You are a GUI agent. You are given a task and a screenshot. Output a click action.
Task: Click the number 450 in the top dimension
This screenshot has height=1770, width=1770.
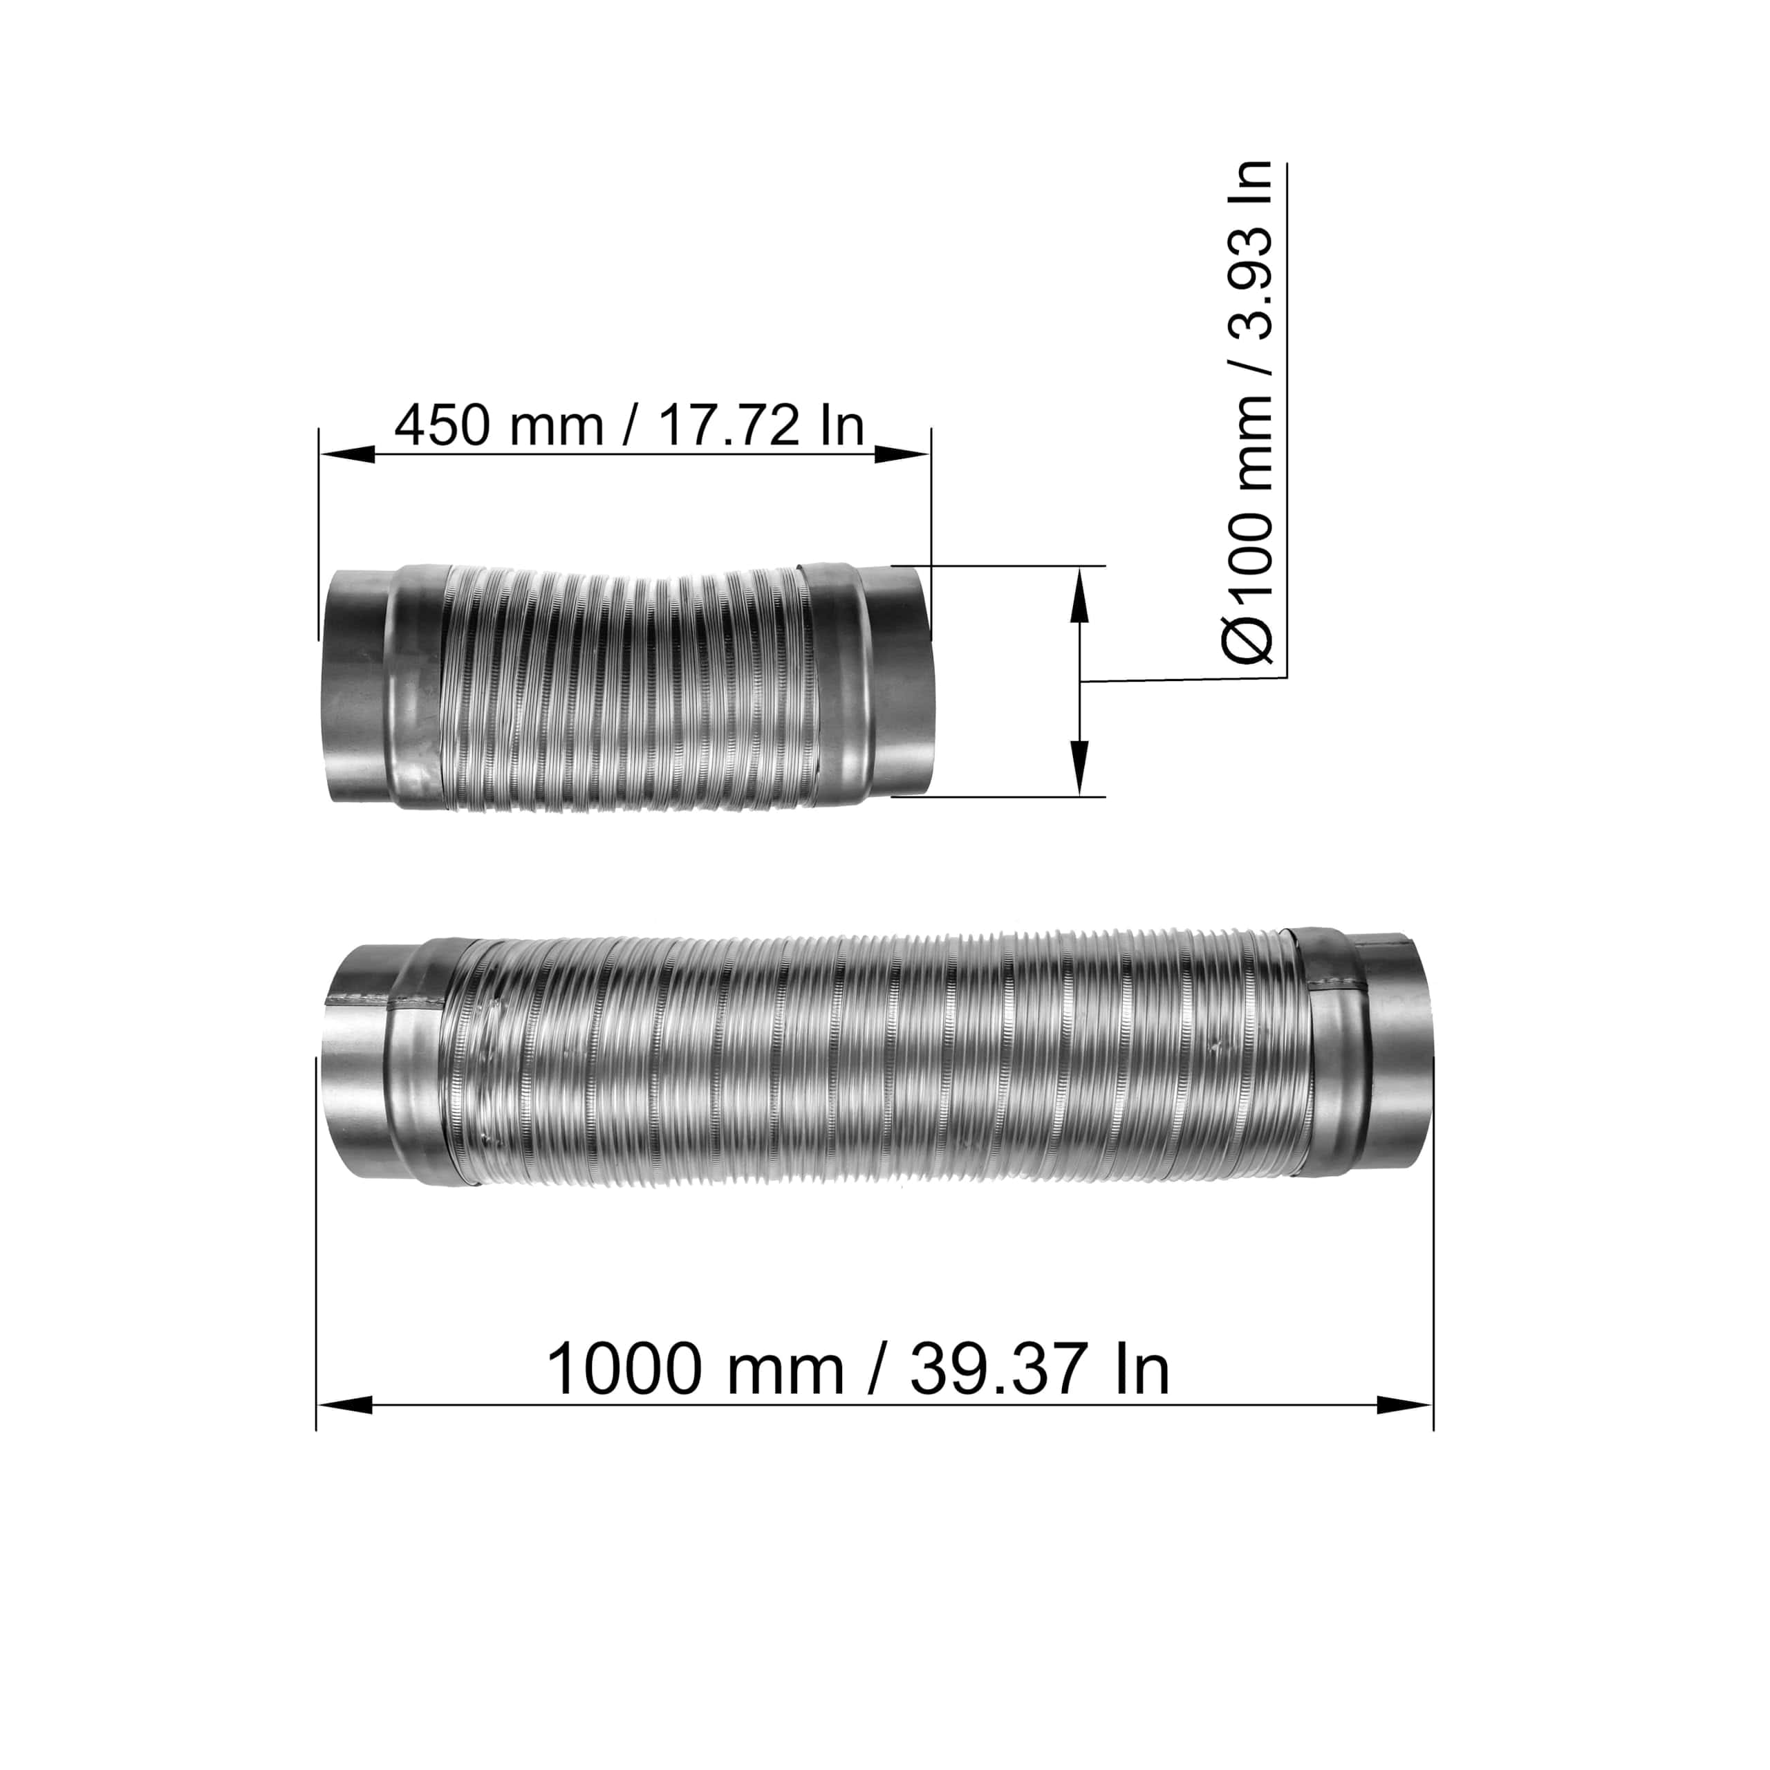coord(442,426)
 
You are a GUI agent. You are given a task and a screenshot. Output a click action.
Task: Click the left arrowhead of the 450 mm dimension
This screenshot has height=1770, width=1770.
coord(346,454)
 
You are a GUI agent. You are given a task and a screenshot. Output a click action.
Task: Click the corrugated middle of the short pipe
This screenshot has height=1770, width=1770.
coord(623,691)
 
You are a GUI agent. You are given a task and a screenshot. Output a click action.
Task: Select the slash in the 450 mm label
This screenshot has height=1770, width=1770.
coord(628,426)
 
